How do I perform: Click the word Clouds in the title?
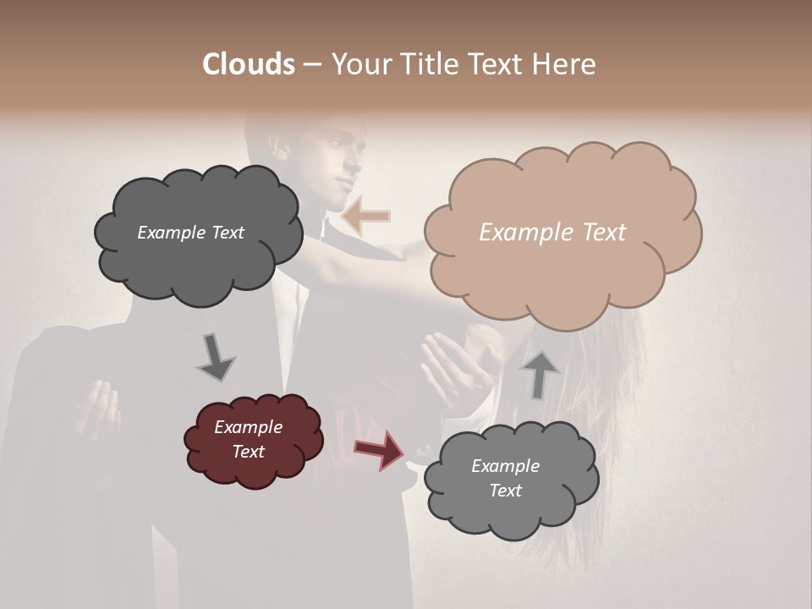248,64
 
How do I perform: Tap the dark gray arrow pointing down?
215,356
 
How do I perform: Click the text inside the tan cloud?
552,233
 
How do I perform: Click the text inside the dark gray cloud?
190,233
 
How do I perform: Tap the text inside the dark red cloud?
248,439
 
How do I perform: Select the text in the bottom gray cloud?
505,478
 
